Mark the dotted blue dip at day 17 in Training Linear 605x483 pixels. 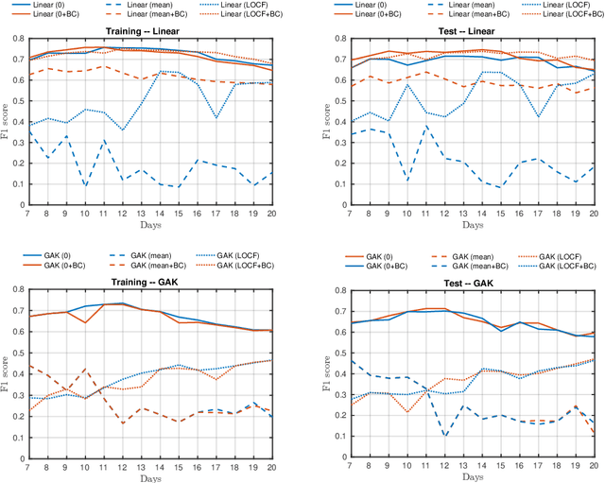pyautogui.click(x=216, y=118)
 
